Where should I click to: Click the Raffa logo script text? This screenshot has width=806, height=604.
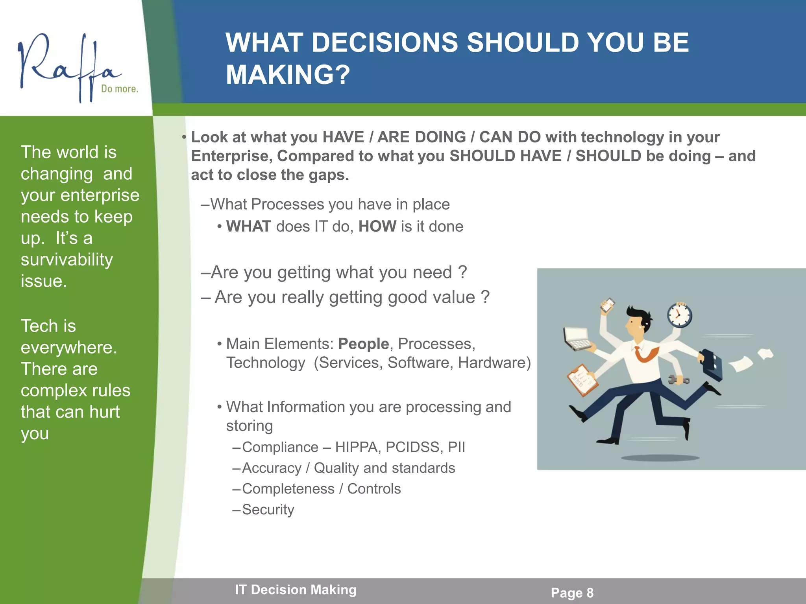(x=67, y=65)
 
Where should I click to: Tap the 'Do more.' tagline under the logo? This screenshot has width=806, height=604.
(x=119, y=89)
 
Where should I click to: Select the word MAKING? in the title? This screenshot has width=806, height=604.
(x=288, y=75)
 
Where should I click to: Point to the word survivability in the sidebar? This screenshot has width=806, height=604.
(x=67, y=260)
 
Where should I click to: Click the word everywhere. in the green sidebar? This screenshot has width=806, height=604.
(x=69, y=348)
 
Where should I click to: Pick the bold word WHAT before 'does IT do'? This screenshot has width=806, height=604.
(x=248, y=226)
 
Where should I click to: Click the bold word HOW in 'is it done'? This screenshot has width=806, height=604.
(x=377, y=226)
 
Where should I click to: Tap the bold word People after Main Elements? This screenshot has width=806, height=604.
(x=363, y=344)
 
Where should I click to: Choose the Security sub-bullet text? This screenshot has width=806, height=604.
(x=268, y=510)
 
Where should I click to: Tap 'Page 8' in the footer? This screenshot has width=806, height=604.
(x=572, y=593)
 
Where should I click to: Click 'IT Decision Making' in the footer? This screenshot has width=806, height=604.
(x=296, y=590)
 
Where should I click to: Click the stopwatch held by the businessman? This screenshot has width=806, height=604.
(x=679, y=316)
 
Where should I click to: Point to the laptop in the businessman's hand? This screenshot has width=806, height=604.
(x=577, y=338)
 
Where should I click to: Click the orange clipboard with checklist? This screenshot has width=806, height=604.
(x=582, y=380)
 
